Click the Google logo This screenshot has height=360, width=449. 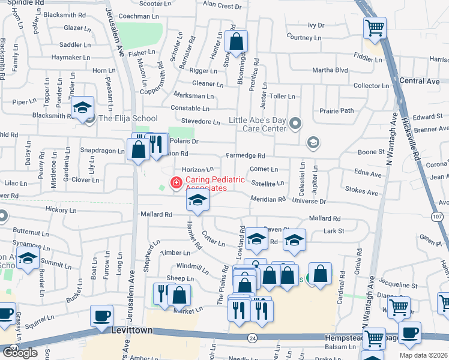(x=20, y=353)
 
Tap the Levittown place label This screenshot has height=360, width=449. (x=132, y=331)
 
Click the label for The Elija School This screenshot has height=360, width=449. (x=128, y=119)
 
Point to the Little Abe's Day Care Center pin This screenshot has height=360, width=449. (x=295, y=124)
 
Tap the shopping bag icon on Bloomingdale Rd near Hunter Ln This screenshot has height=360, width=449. (x=238, y=42)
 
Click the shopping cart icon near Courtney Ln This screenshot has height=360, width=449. (x=375, y=28)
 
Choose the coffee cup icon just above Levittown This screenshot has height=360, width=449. (x=101, y=316)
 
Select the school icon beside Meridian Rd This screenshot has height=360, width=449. (x=197, y=202)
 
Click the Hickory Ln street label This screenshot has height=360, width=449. (x=61, y=211)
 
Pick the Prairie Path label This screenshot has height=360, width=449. (x=337, y=110)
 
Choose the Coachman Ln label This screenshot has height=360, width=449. (x=139, y=16)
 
